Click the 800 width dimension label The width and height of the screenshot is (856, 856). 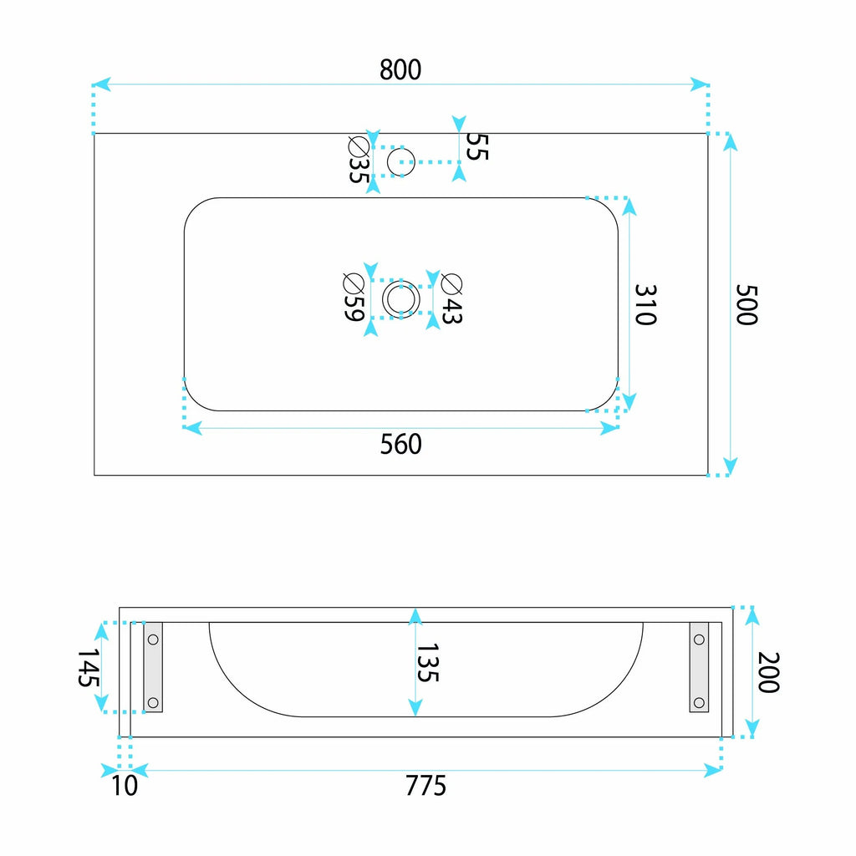pos(400,70)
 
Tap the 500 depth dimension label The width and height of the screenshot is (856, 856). pos(746,304)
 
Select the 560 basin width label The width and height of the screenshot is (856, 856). pos(400,445)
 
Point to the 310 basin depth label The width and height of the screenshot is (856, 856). pos(645,304)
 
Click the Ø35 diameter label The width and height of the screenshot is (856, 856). pos(359,160)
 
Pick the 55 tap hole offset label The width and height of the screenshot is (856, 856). pos(476,147)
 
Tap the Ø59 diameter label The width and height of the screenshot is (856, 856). pos(354,297)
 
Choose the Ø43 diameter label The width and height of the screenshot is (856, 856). pos(451,298)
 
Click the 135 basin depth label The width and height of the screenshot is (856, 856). pos(427,662)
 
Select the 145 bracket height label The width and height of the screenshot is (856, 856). pos(88,667)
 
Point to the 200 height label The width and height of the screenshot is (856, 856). pos(769,673)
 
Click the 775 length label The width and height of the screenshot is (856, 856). pos(425,786)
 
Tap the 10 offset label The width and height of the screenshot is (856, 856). pos(125,786)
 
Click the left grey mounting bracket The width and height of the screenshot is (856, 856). pos(153,667)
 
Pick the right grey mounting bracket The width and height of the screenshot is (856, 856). pos(699,667)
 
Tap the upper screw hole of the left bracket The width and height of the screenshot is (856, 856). pos(153,639)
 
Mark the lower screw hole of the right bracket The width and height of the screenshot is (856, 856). pos(699,702)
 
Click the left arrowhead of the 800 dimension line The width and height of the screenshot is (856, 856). pos(101,84)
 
